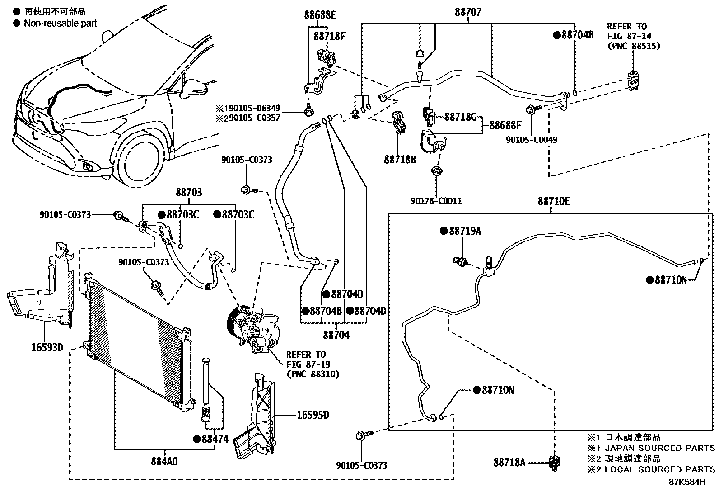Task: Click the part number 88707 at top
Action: coord(468,12)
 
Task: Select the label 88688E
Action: coord(320,15)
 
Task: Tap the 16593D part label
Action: coord(47,347)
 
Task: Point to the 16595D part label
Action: coord(313,415)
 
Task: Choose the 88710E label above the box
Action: coord(553,201)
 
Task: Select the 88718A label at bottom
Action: coord(509,462)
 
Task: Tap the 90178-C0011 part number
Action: coord(436,201)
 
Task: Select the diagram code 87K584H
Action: coord(687,482)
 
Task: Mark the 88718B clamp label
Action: coord(400,160)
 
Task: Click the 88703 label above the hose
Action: coord(189,193)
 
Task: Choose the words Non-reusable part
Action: coord(60,23)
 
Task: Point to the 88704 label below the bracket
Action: coord(336,335)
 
